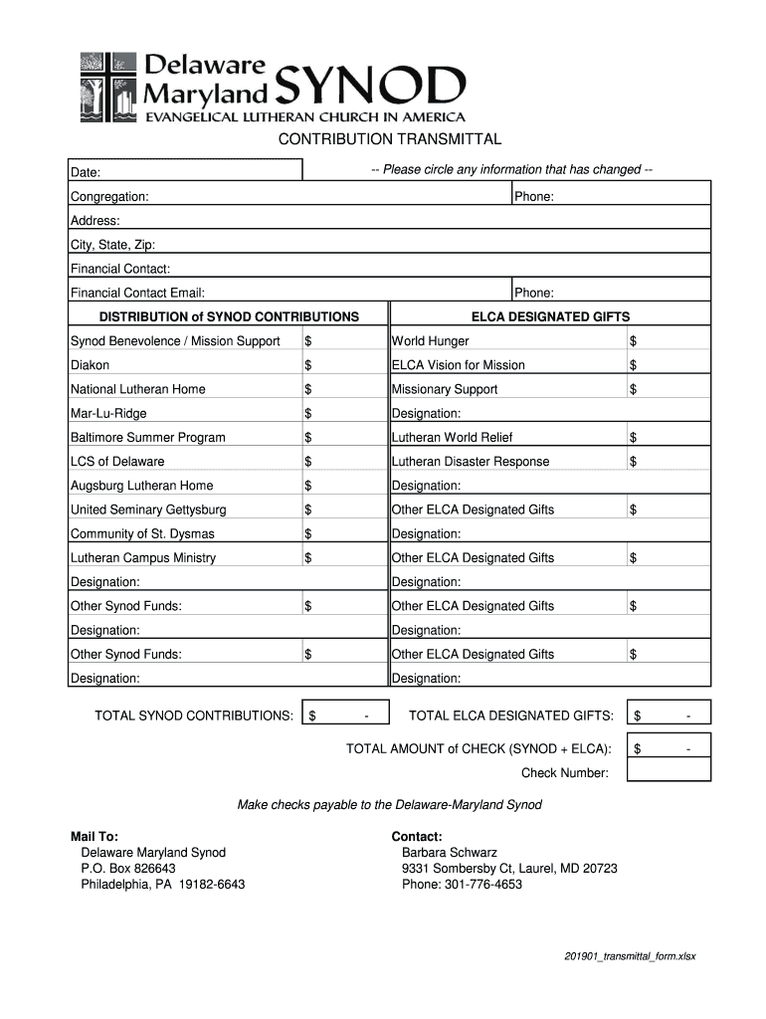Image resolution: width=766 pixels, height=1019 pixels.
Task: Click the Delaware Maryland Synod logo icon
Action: click(107, 86)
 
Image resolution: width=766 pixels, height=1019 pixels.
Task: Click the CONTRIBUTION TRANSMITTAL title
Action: click(389, 138)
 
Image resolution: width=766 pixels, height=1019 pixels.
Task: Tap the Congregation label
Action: click(109, 197)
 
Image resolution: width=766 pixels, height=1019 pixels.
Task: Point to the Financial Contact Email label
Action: click(137, 294)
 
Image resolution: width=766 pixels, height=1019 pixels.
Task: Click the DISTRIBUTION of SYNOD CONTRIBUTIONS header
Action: click(229, 317)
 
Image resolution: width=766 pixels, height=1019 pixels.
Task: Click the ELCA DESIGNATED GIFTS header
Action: click(550, 317)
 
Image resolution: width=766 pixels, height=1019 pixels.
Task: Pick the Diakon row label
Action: click(90, 365)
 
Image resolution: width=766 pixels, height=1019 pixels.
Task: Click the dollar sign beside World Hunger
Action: click(633, 341)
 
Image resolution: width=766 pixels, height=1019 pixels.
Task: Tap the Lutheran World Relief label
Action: click(453, 438)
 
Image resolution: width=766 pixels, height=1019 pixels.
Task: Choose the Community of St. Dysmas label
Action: click(142, 534)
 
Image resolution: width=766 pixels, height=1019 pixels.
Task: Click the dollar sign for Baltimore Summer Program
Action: click(308, 438)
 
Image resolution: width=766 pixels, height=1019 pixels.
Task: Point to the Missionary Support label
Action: click(445, 389)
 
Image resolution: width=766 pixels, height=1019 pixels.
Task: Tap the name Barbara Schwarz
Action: click(449, 853)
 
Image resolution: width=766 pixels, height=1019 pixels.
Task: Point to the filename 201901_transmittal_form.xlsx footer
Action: click(630, 957)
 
